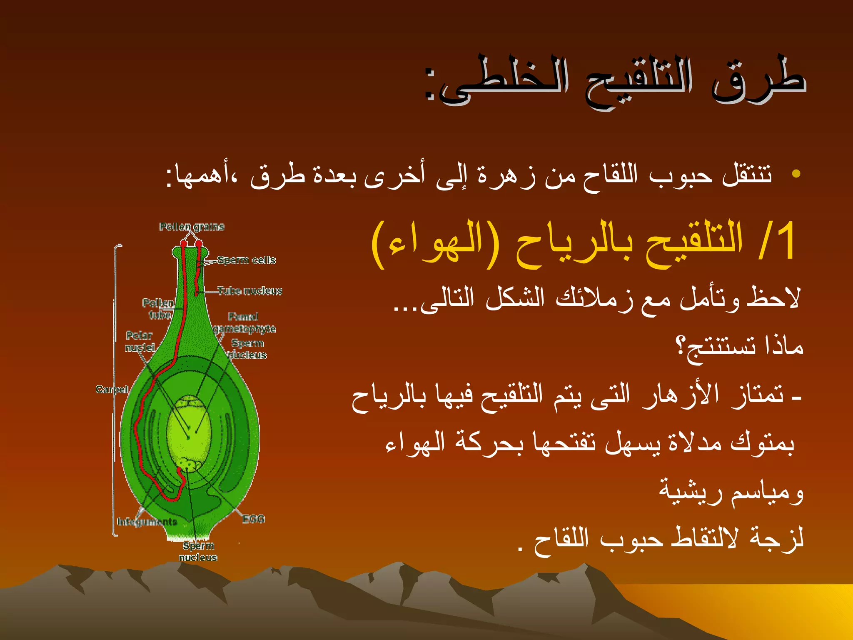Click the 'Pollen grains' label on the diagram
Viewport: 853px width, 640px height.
pyautogui.click(x=192, y=227)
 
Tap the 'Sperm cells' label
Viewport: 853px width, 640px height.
pyautogui.click(x=247, y=260)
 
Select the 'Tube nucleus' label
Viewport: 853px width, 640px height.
pyautogui.click(x=250, y=291)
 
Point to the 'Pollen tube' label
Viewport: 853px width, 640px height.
pyautogui.click(x=158, y=309)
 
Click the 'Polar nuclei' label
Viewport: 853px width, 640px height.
pyautogui.click(x=140, y=341)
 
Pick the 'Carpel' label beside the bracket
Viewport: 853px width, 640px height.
pyautogui.click(x=112, y=389)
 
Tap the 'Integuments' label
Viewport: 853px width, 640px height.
pyautogui.click(x=147, y=522)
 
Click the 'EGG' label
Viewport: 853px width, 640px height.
pyautogui.click(x=254, y=519)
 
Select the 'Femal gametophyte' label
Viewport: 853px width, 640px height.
pyautogui.click(x=244, y=323)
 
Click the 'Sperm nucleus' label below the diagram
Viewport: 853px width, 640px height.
pyautogui.click(x=198, y=551)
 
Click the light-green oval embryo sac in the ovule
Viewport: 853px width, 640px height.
pyautogui.click(x=188, y=433)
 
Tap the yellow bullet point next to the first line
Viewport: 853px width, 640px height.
pyautogui.click(x=796, y=173)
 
